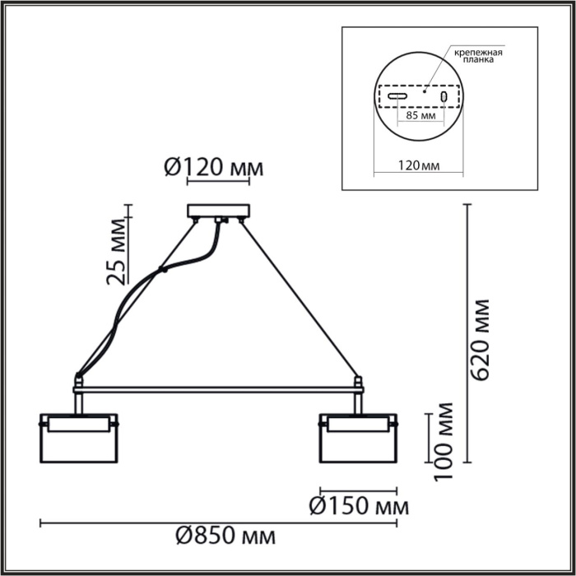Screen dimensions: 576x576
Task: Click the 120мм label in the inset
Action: coord(418,166)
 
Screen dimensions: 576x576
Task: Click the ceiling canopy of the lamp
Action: coord(217,211)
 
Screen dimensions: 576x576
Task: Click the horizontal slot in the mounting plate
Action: coord(398,97)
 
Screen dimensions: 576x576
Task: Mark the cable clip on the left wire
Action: coord(165,268)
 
